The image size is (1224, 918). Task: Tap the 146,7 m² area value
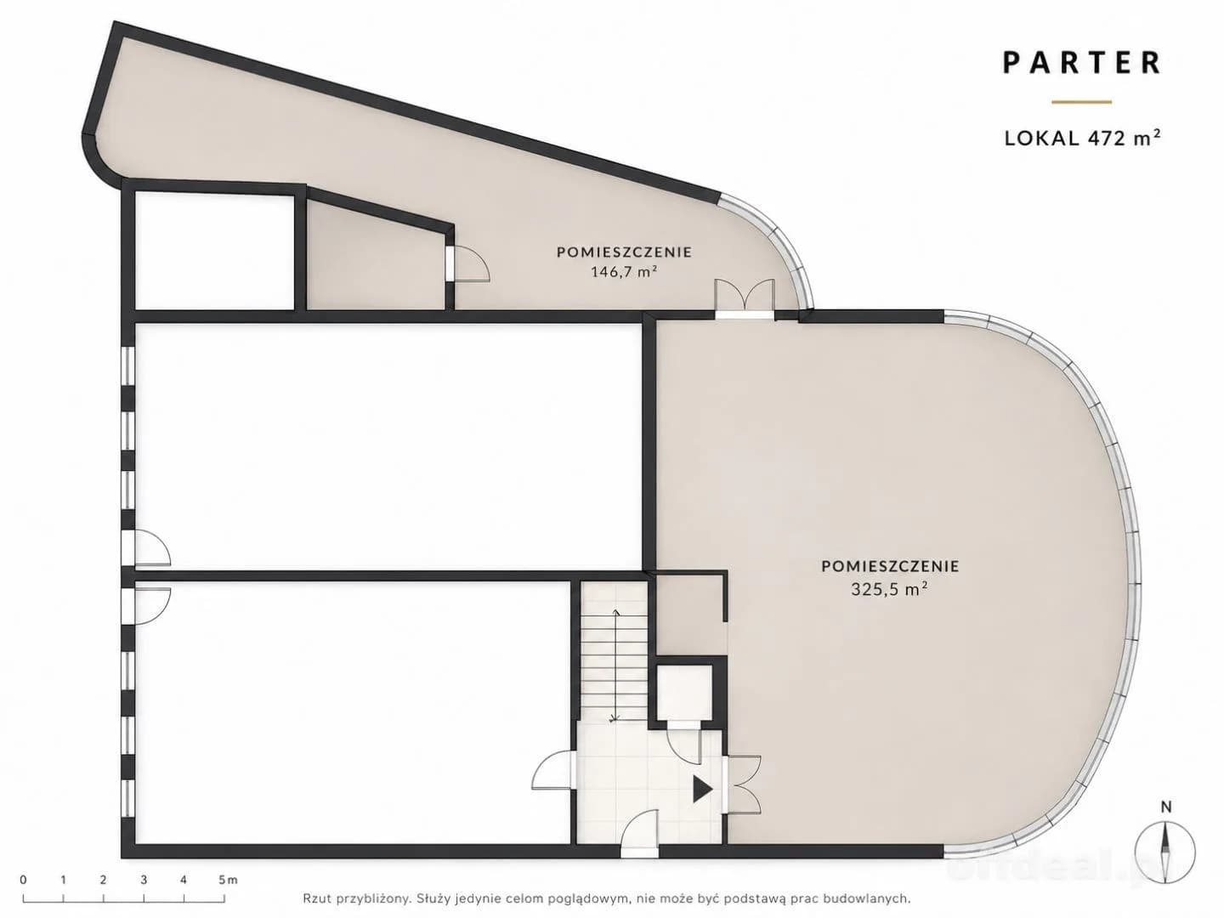click(623, 272)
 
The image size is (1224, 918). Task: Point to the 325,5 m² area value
click(889, 589)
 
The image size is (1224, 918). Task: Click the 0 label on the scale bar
click(23, 880)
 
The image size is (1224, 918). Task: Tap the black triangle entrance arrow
click(703, 790)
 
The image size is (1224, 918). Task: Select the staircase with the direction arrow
click(614, 652)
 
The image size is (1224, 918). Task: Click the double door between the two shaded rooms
click(745, 299)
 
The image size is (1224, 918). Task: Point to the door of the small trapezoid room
click(468, 263)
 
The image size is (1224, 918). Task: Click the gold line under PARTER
click(1081, 102)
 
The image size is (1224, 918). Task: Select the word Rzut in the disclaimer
click(315, 898)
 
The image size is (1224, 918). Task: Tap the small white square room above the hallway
click(685, 693)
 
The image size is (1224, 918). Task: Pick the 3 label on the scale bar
click(144, 880)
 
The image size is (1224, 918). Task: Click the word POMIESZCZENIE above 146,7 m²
click(624, 252)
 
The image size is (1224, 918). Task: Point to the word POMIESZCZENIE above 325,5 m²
click(890, 566)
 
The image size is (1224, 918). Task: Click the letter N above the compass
click(1165, 822)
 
